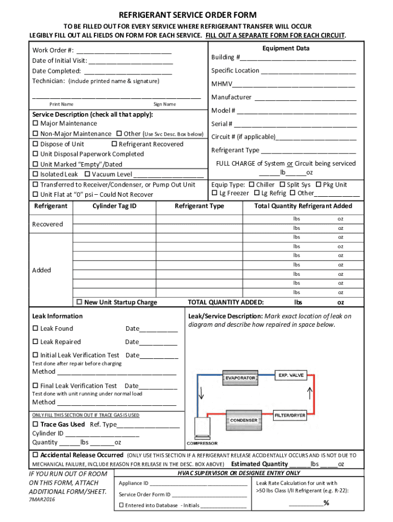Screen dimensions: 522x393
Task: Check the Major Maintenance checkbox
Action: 35,124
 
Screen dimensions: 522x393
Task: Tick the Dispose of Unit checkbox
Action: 35,144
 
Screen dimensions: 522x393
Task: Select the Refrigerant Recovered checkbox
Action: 114,144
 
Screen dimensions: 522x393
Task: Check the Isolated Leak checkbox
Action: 35,174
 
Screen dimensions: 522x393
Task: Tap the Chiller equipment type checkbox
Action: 251,185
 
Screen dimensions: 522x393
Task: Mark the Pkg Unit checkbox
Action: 318,185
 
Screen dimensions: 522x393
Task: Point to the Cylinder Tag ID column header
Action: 114,206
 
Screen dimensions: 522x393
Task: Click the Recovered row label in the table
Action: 47,224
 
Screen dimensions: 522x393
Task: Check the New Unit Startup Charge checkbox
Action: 79,302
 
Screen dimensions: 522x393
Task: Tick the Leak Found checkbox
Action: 35,329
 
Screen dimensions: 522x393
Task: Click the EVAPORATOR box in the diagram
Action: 240,378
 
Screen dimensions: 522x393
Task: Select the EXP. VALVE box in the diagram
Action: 290,375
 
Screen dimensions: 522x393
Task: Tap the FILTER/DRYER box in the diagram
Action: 290,415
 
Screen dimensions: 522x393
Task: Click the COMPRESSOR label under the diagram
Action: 202,443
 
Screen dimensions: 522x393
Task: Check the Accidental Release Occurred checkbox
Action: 35,455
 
